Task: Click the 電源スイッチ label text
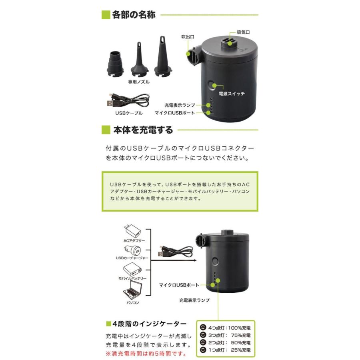pos(232,94)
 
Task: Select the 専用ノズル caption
pos(138,81)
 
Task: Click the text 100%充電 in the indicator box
pos(238,328)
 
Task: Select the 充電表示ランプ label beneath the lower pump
pos(194,300)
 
